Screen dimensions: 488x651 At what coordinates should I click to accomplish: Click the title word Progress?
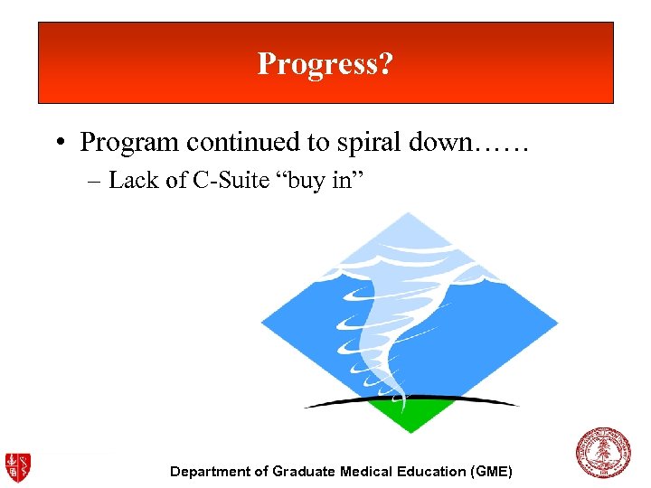325,64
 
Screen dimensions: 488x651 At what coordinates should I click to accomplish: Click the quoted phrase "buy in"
319,181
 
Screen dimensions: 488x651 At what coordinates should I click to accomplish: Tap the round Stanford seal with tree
604,453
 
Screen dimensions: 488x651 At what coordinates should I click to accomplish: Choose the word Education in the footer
430,472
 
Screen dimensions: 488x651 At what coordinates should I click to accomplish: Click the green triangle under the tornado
411,416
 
